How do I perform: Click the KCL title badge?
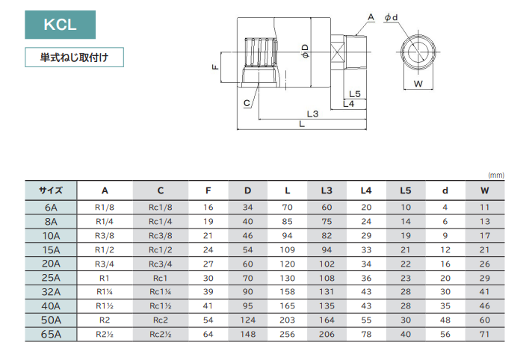[x=61, y=25]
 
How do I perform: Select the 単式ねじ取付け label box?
[x=73, y=58]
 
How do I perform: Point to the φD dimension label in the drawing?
[x=305, y=51]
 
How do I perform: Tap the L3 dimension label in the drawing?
[x=313, y=114]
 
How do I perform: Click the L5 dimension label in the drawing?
[x=355, y=94]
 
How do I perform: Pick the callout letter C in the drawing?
[x=247, y=103]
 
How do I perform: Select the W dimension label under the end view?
[x=418, y=84]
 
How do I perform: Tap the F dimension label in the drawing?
[x=215, y=66]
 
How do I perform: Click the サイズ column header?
[x=51, y=190]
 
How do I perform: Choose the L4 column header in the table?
[x=366, y=190]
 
